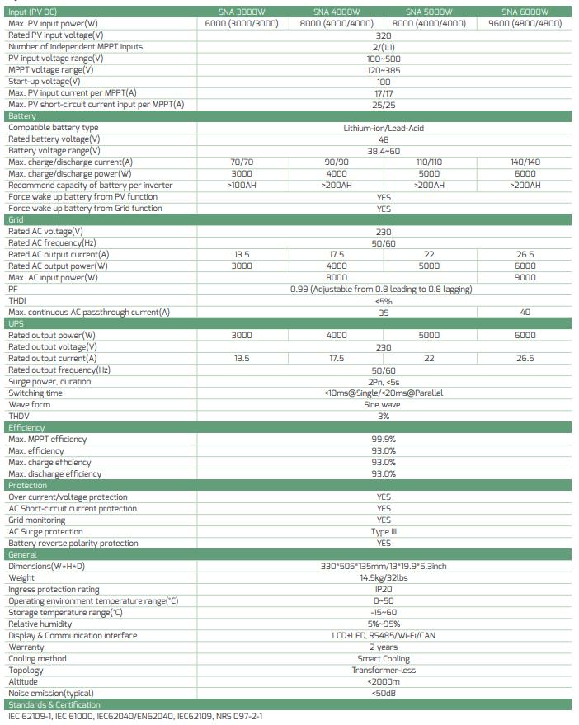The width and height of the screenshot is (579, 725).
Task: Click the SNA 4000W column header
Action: coord(337,12)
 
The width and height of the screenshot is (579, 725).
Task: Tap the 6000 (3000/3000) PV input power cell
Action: coord(242,23)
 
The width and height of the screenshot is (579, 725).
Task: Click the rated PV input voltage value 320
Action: coord(384,35)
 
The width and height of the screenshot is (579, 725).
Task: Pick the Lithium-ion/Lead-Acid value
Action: coord(384,128)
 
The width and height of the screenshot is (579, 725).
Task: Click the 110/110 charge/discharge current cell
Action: coord(429,162)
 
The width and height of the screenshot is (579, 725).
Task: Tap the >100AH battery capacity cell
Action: coord(242,186)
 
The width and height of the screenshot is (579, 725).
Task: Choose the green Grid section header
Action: coord(16,220)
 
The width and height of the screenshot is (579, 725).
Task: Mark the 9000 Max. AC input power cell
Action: coord(525,278)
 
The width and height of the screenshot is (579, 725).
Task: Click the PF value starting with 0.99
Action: coord(382,290)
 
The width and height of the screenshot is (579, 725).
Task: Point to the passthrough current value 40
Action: coord(525,313)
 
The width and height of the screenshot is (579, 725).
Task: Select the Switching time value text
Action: coord(384,393)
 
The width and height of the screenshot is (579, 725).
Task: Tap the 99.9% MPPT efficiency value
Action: coord(384,440)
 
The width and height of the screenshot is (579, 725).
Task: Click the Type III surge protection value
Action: coord(384,532)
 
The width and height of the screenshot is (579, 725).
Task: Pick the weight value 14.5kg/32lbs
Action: coord(384,578)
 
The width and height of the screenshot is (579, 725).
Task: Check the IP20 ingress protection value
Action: coord(384,590)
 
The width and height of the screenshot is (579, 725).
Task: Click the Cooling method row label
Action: coord(37,659)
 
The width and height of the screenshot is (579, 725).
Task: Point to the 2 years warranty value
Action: coord(384,647)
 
